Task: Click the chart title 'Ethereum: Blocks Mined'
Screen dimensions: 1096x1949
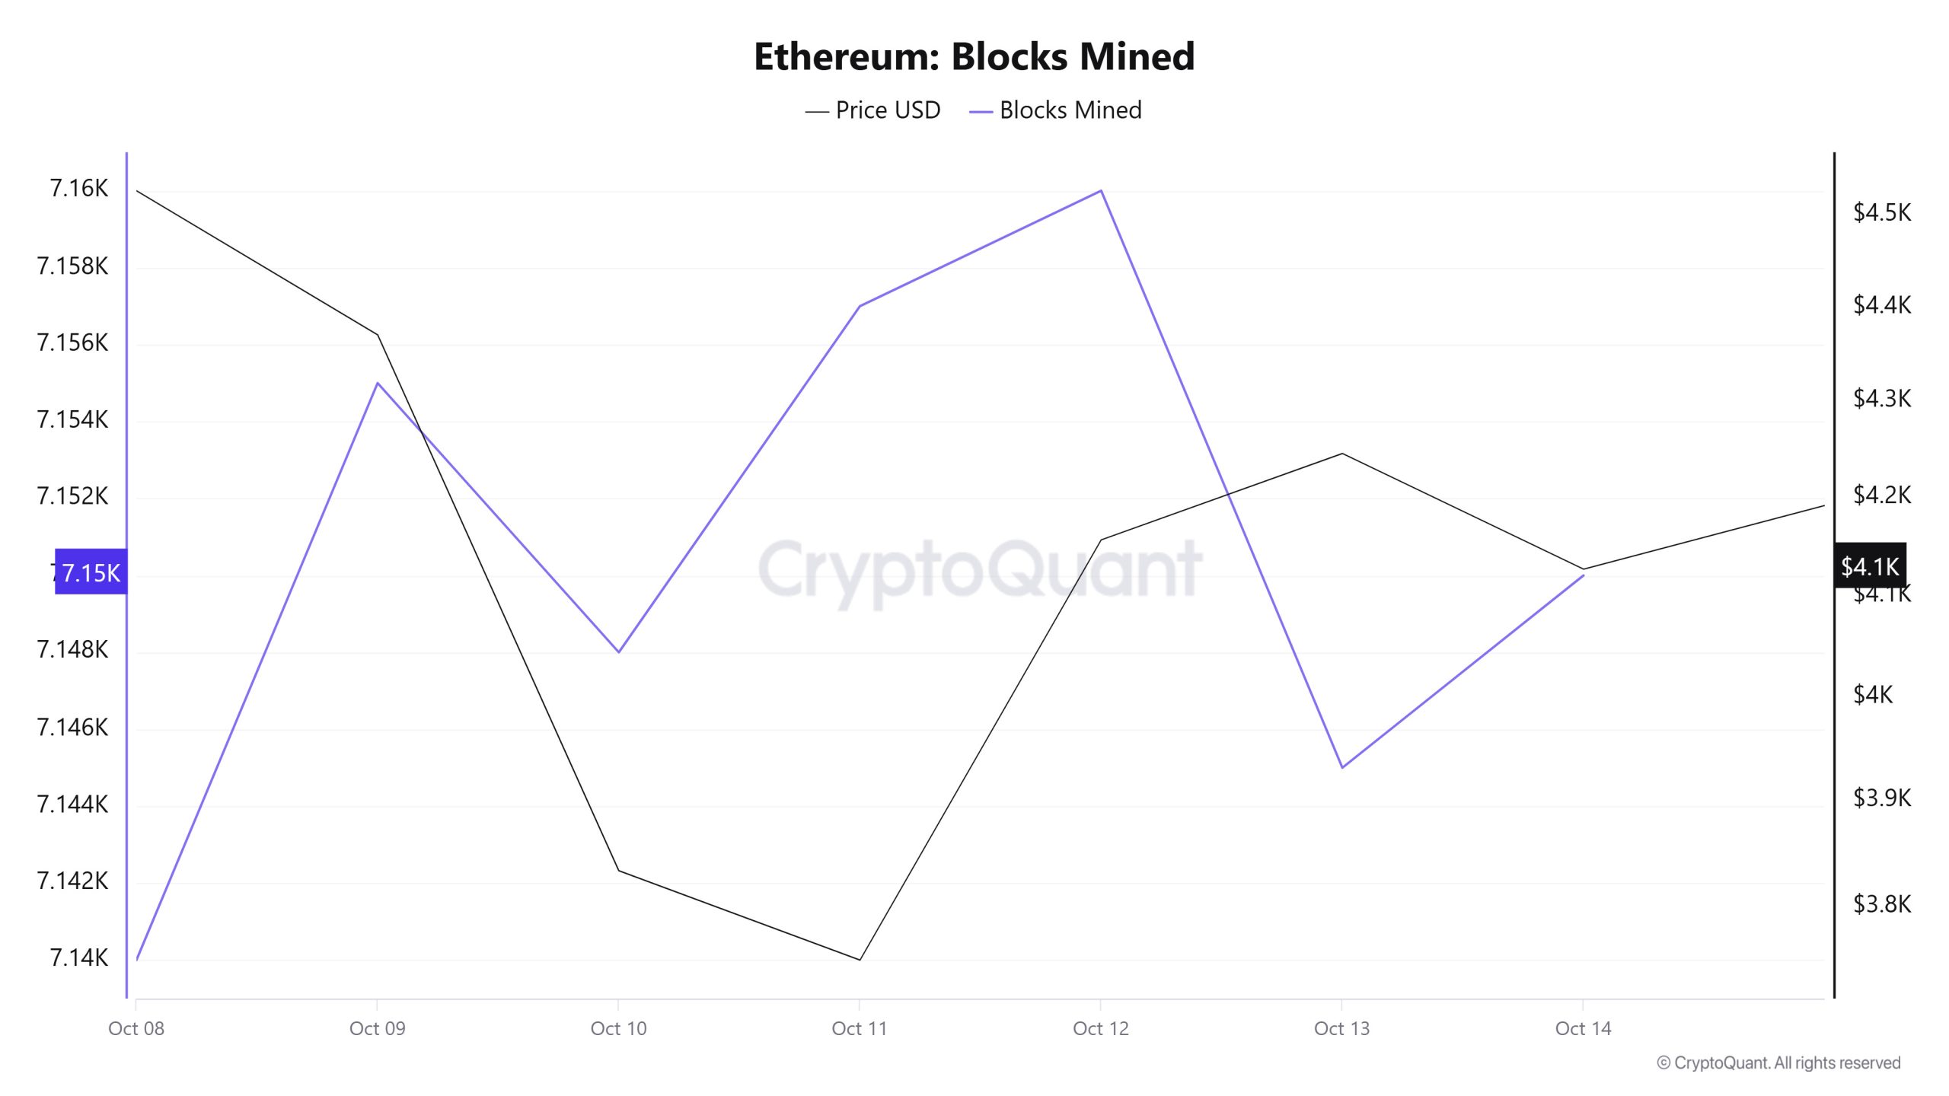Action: coord(974,56)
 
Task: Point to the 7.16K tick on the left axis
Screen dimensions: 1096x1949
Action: coord(79,189)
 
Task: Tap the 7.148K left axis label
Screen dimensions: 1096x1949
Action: coord(72,649)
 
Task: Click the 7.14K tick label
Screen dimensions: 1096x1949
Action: coord(79,957)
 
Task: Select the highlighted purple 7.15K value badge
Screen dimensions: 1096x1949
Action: coord(91,572)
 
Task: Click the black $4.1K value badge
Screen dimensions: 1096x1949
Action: coord(1870,566)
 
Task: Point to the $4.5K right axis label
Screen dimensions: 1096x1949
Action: coord(1881,212)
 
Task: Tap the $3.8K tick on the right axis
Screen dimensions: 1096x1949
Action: coord(1881,904)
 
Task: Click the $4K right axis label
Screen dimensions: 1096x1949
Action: coord(1872,695)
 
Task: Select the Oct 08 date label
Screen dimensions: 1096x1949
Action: coord(136,1028)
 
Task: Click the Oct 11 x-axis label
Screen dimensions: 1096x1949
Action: coord(860,1028)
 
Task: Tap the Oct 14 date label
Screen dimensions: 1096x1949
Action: coord(1583,1028)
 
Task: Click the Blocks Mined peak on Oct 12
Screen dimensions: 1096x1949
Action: coord(1101,190)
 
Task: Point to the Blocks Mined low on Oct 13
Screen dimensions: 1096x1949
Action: coord(1342,767)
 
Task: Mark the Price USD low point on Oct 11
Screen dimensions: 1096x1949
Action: coord(860,959)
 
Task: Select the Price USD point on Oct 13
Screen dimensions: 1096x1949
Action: coord(1342,454)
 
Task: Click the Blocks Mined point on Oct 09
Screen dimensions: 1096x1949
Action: coord(378,383)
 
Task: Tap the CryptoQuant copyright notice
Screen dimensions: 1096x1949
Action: coord(1778,1063)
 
